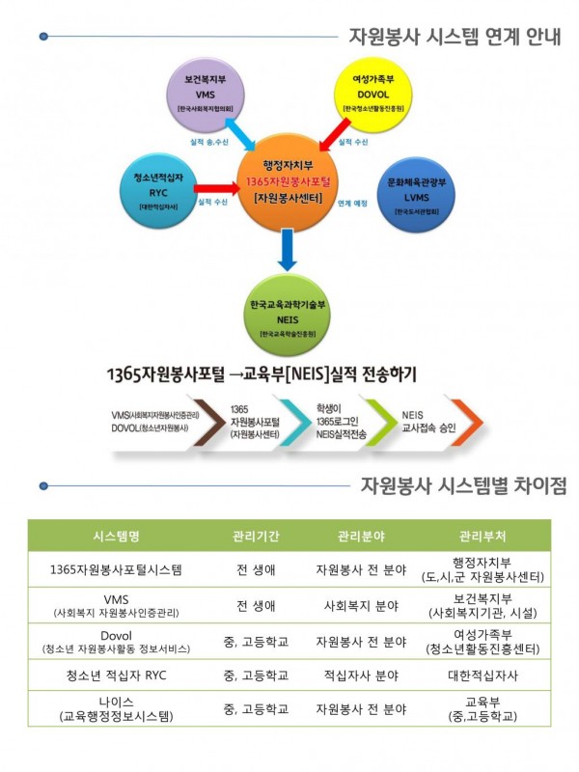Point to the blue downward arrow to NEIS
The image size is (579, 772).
click(x=288, y=251)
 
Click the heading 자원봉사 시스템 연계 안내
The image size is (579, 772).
click(x=454, y=38)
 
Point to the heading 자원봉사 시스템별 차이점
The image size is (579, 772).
click(x=463, y=485)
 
